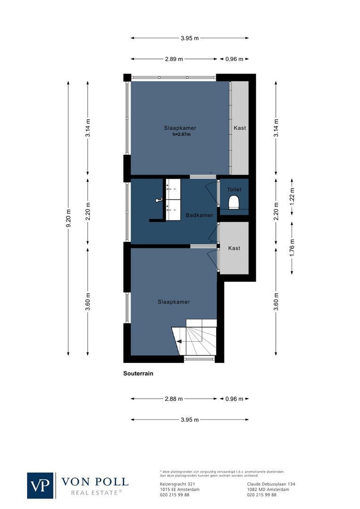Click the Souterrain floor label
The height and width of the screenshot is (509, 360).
pos(139,373)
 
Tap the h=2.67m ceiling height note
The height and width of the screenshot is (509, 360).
pos(181,134)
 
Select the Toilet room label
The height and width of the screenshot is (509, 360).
pos(234,189)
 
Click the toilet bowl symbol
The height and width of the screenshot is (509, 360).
pos(234,202)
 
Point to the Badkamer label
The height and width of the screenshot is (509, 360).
pos(199,215)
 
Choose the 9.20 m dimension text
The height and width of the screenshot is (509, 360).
pos(69,218)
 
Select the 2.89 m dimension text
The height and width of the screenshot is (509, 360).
pos(174,59)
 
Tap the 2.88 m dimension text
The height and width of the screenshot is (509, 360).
pos(174,399)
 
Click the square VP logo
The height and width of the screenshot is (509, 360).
pos(41,485)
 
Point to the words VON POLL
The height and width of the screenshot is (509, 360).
pos(95,481)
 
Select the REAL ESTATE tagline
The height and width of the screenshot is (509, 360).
pos(96,493)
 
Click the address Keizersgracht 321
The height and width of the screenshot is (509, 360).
pos(178,484)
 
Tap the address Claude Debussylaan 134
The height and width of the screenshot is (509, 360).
pos(271,484)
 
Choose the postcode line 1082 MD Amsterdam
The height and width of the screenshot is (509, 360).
pos(268,489)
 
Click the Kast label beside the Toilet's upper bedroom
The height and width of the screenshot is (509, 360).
pos(239,128)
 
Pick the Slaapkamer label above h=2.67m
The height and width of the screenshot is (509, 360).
pos(180,128)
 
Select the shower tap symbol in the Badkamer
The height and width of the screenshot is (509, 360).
pos(158,200)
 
